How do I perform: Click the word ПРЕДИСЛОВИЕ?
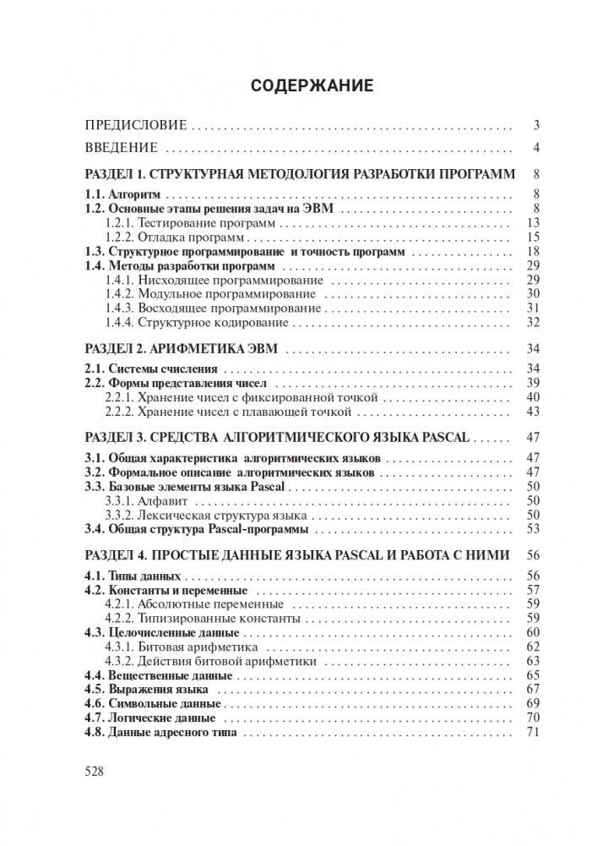click(x=136, y=126)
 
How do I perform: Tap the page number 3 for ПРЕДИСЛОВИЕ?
click(x=535, y=126)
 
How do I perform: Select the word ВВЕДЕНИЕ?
click(x=122, y=149)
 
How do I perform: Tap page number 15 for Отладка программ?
click(x=532, y=236)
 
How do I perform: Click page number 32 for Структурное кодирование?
click(x=532, y=322)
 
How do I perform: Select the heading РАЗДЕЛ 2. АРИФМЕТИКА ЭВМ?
click(x=183, y=348)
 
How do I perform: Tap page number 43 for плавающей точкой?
click(x=532, y=412)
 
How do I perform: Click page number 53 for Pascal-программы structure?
click(x=532, y=530)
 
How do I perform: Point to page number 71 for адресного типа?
click(x=532, y=732)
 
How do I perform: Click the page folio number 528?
click(x=95, y=771)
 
